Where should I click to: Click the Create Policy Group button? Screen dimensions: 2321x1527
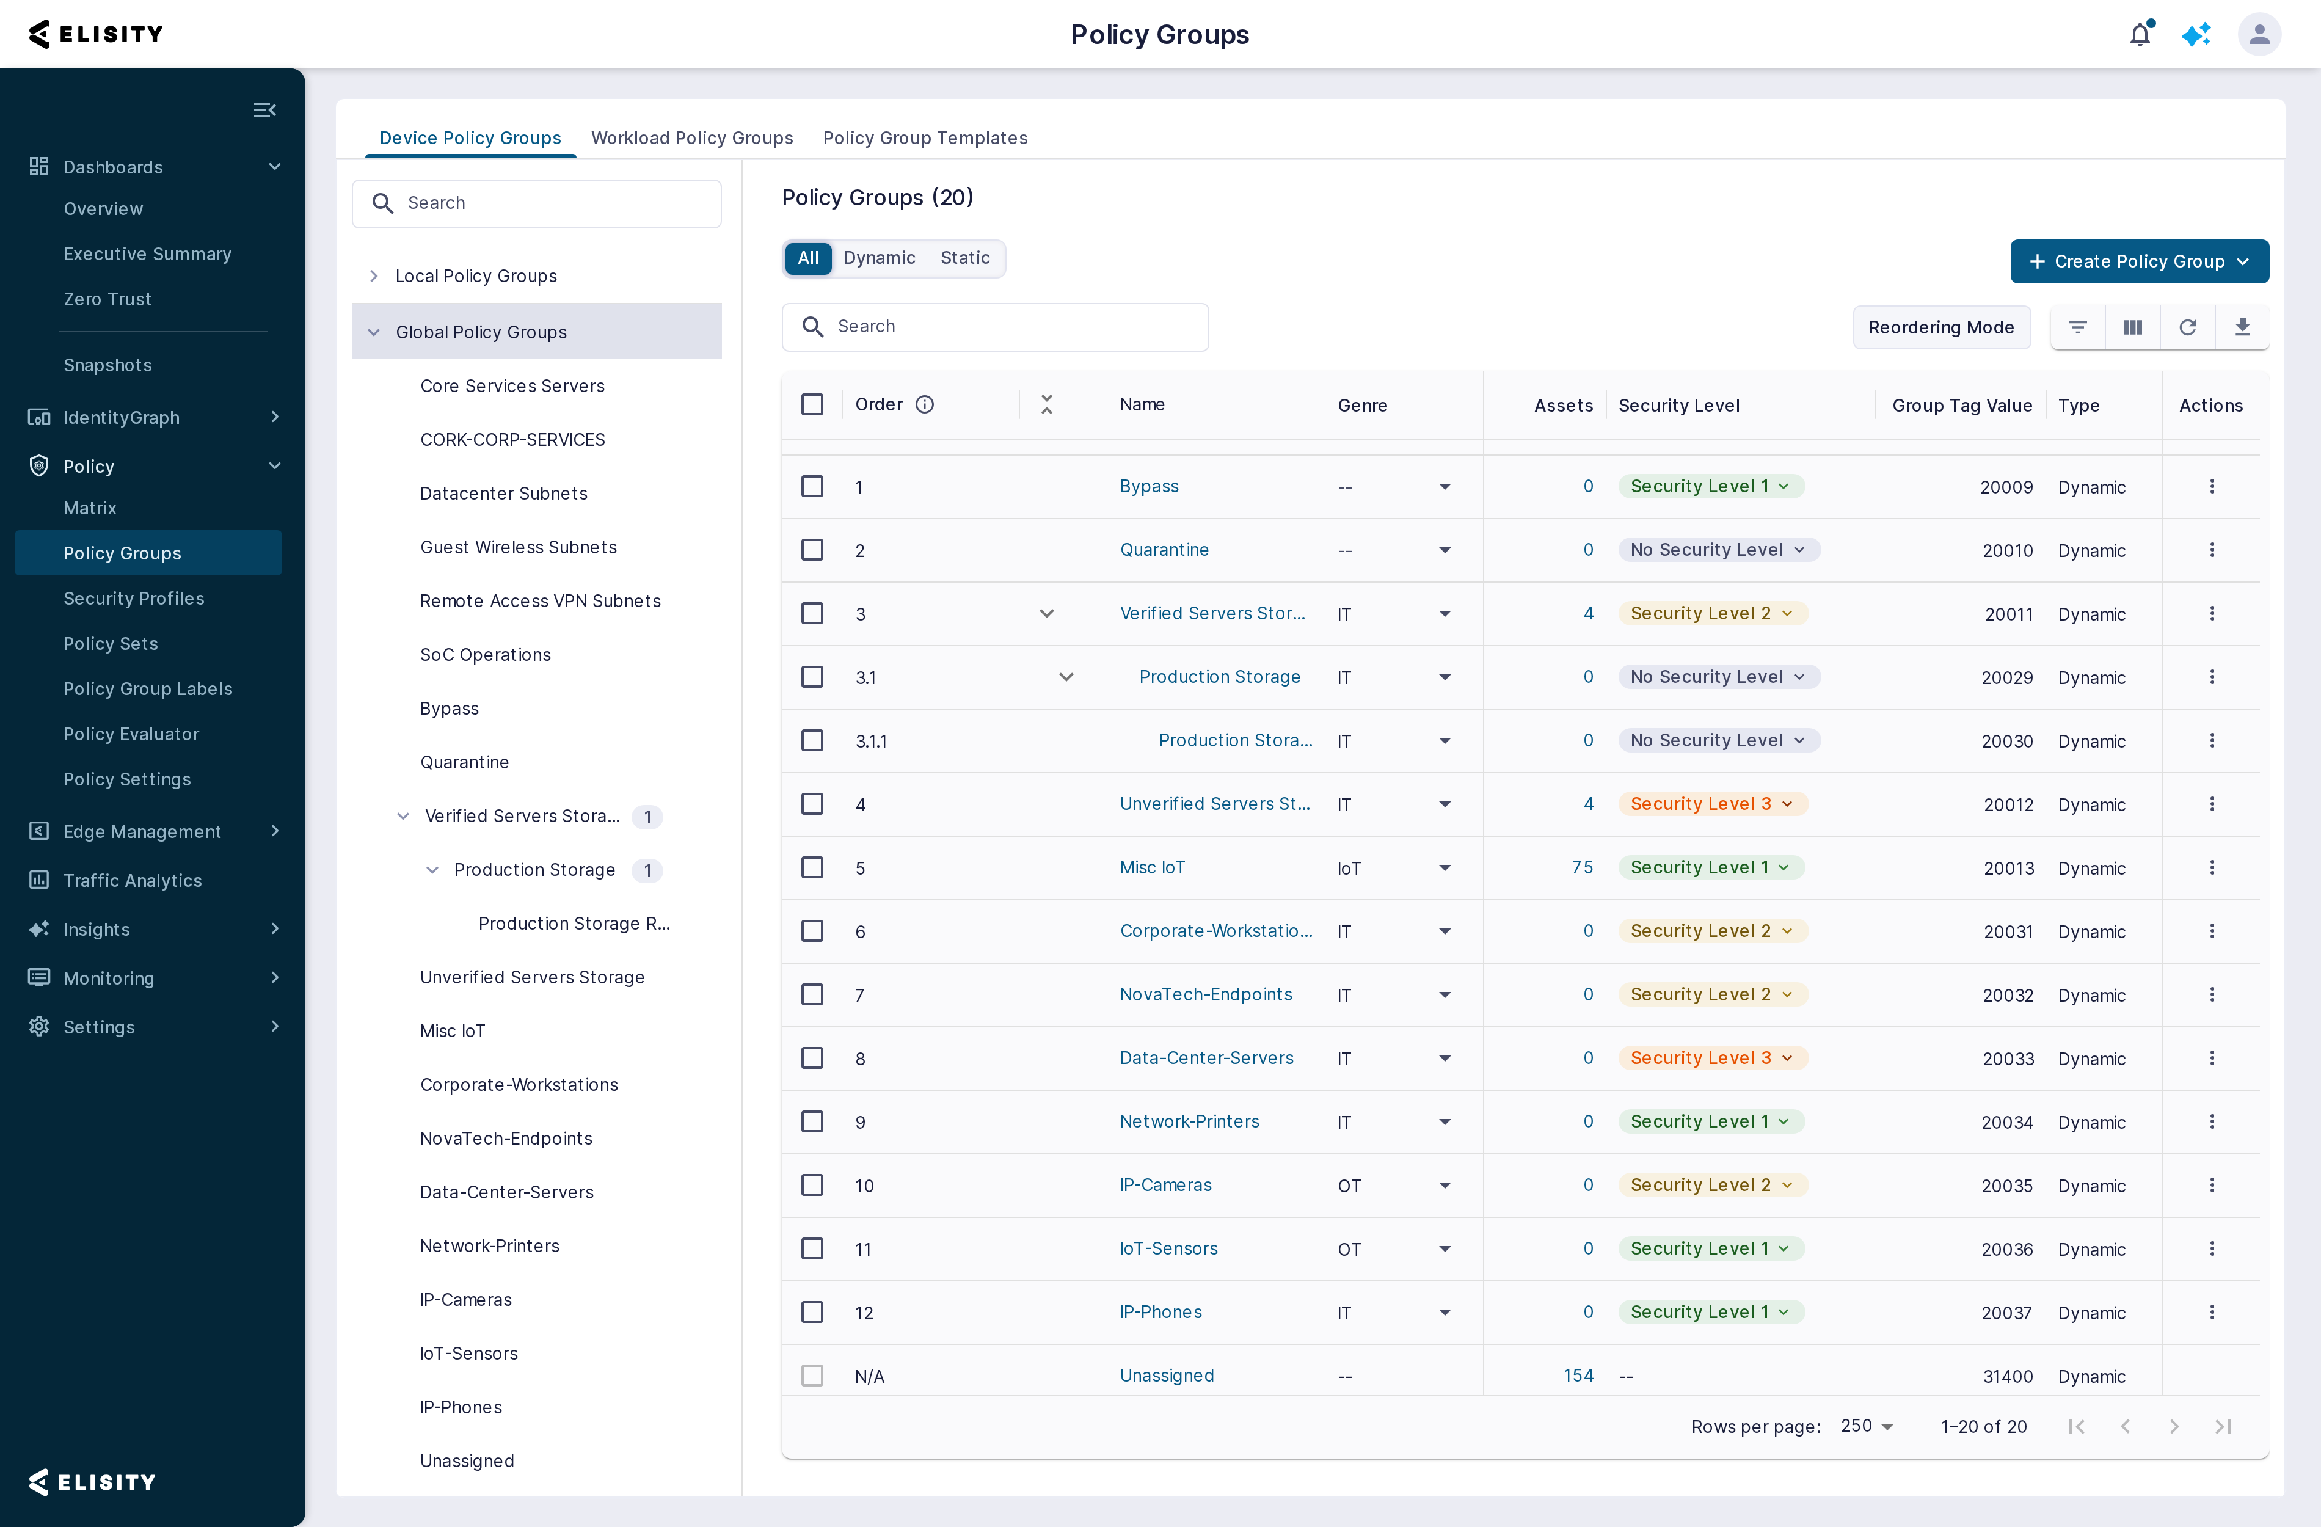tap(2138, 261)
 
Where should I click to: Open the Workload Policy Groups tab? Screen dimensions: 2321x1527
tap(691, 137)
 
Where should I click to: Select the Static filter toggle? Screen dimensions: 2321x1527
tap(964, 257)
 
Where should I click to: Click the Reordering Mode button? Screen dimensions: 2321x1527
tap(1940, 327)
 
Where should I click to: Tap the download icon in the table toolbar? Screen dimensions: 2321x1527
tap(2242, 327)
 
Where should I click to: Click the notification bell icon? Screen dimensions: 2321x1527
tap(2140, 34)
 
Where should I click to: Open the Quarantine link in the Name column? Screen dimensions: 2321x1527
tap(1164, 550)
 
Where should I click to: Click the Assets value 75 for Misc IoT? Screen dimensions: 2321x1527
tap(1582, 867)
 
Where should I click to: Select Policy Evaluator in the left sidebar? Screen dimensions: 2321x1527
tap(131, 734)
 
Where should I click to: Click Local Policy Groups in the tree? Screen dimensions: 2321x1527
tap(476, 276)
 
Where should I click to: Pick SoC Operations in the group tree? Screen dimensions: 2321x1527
tap(485, 654)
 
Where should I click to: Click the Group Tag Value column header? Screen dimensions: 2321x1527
tap(1962, 405)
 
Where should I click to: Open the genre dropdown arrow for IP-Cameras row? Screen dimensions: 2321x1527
tap(1445, 1186)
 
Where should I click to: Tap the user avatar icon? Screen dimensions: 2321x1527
tap(2259, 34)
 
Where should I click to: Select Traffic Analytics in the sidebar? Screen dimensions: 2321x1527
tap(133, 881)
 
